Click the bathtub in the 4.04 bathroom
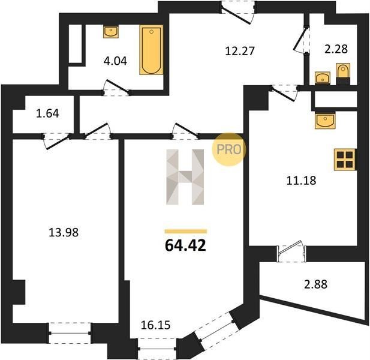[x=151, y=50]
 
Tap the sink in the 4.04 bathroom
[x=111, y=32]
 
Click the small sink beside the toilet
[x=323, y=77]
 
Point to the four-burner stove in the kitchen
[x=345, y=160]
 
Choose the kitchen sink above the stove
[x=325, y=121]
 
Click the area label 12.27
[x=240, y=51]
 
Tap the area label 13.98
[x=64, y=232]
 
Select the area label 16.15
[x=155, y=325]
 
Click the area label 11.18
[x=301, y=181]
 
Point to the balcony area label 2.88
[x=315, y=284]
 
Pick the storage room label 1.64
[x=47, y=113]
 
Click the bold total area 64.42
[x=185, y=245]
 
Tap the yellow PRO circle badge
[x=229, y=149]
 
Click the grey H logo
[x=185, y=177]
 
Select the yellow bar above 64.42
[x=186, y=232]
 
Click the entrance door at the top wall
[x=238, y=12]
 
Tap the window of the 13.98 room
[x=70, y=333]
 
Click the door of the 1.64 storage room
[x=56, y=140]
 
